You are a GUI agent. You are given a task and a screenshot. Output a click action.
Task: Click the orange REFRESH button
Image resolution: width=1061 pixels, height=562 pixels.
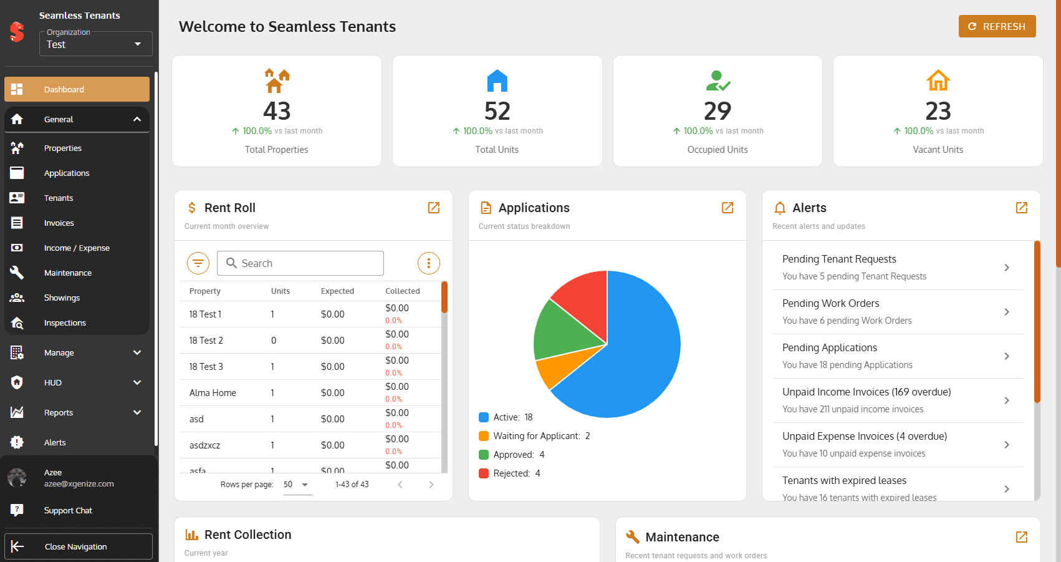(x=997, y=26)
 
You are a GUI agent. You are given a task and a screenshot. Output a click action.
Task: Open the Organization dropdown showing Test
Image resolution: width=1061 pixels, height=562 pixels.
(x=95, y=44)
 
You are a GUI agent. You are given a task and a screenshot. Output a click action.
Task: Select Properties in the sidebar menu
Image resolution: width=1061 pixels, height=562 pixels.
(x=63, y=148)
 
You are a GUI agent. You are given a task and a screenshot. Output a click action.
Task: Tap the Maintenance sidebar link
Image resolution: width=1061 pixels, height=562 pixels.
(x=68, y=273)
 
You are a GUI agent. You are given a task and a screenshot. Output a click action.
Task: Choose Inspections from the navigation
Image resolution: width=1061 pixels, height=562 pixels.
(x=65, y=323)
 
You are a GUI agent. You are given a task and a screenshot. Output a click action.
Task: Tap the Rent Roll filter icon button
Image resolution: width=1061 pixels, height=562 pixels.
(x=198, y=263)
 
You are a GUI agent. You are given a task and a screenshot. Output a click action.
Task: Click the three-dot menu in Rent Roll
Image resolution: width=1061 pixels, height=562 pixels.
(x=428, y=263)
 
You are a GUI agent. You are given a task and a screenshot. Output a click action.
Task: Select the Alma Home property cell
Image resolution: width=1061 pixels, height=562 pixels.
(x=213, y=393)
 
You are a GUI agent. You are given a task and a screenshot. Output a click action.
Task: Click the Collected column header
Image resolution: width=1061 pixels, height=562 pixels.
(x=403, y=291)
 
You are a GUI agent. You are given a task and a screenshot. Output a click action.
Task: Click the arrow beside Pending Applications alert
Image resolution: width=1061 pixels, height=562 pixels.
(x=1007, y=356)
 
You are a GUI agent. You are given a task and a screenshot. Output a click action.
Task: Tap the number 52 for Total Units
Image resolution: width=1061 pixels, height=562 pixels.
(x=497, y=111)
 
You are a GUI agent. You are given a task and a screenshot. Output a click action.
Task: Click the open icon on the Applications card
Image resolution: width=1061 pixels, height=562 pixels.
(x=727, y=208)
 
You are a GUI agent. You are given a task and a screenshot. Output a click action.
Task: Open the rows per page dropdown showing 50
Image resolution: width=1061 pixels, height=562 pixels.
(x=297, y=485)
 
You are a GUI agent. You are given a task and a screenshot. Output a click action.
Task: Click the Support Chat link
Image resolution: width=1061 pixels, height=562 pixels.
(x=68, y=511)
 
